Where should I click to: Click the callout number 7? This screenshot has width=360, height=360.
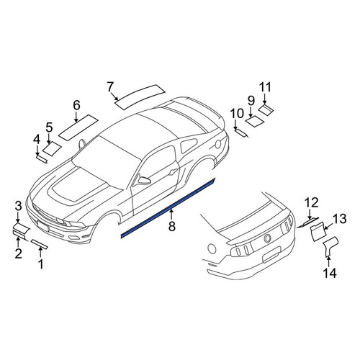[110, 86]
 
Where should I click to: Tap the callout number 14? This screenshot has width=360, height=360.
[330, 273]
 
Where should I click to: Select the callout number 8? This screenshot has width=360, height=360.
[172, 226]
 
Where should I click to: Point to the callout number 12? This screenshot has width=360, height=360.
[312, 202]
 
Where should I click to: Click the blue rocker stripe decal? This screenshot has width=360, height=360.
[168, 208]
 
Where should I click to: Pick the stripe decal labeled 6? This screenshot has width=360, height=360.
[78, 127]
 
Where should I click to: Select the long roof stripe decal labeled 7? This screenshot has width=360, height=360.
[140, 97]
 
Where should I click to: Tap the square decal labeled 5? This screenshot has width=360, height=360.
[52, 148]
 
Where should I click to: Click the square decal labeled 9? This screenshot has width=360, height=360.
[255, 121]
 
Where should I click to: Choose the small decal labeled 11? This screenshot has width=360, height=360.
[266, 109]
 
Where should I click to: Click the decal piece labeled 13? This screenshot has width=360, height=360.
[318, 230]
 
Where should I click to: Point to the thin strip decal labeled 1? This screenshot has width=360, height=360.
[40, 243]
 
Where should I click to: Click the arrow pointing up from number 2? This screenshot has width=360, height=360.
[18, 242]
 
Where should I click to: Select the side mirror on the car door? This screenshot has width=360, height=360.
[143, 180]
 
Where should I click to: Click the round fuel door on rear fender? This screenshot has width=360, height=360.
[218, 144]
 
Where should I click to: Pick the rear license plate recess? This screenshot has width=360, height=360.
[272, 256]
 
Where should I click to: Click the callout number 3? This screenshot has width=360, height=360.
[19, 206]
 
